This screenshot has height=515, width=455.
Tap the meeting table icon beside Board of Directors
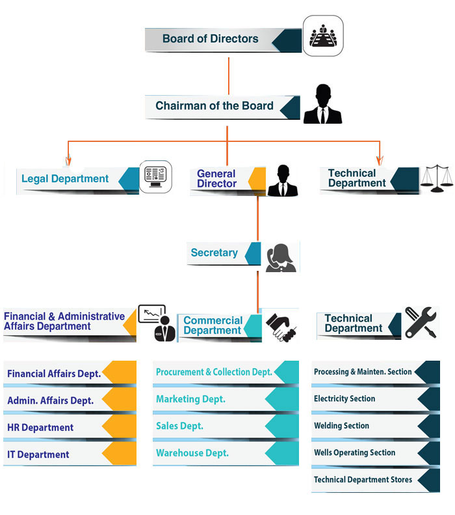pos(323,35)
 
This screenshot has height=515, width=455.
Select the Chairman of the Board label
pos(214,106)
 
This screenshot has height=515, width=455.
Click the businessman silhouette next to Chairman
pos(322,104)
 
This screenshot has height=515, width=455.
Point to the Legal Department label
pos(65,179)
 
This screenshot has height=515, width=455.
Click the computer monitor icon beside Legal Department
pos(155,176)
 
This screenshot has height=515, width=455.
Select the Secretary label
pos(214,253)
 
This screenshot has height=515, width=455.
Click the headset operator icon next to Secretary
pos(280,257)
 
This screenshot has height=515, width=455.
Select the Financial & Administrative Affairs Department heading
pos(64,322)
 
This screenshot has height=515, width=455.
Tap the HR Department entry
pos(40,428)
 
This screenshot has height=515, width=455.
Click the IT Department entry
pos(38,454)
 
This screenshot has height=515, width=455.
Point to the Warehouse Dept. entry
pos(192,453)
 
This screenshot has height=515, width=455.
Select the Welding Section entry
pos(341,426)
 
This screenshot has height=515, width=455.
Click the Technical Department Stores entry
pos(363,480)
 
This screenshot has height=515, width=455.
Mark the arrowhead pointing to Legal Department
pos(68,160)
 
